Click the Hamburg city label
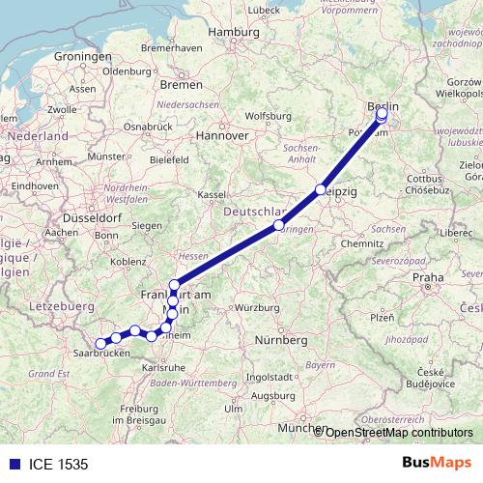tap(235, 32)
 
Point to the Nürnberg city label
tap(281, 340)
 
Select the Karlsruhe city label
tap(162, 368)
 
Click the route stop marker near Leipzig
tap(320, 190)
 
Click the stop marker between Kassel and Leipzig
tap(279, 225)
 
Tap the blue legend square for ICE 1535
tap(10, 465)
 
